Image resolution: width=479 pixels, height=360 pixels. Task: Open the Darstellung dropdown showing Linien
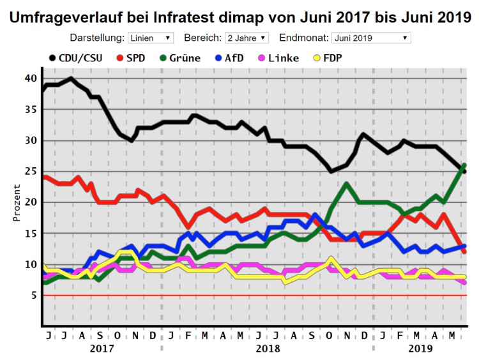(x=150, y=38)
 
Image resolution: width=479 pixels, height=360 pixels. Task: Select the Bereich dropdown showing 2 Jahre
(x=247, y=38)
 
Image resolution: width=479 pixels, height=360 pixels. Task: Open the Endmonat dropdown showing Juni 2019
(x=370, y=38)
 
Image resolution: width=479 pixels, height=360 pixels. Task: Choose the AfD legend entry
(x=228, y=58)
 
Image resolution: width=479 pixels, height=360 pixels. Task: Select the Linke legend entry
(x=277, y=58)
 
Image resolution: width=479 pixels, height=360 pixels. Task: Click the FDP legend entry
(x=326, y=58)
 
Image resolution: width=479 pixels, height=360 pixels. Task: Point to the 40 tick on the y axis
(x=31, y=79)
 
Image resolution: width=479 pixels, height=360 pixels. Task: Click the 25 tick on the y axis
(x=31, y=171)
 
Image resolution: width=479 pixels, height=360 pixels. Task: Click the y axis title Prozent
(x=17, y=203)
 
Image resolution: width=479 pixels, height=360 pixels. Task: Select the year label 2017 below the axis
(x=102, y=349)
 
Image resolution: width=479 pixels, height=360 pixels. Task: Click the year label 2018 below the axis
(x=268, y=349)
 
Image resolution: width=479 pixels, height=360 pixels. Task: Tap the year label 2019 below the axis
(x=420, y=349)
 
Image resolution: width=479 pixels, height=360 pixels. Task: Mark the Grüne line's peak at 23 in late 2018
(x=346, y=184)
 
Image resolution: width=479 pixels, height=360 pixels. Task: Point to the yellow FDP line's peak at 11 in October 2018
(x=330, y=258)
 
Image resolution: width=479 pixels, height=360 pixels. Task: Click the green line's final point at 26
(x=464, y=165)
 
